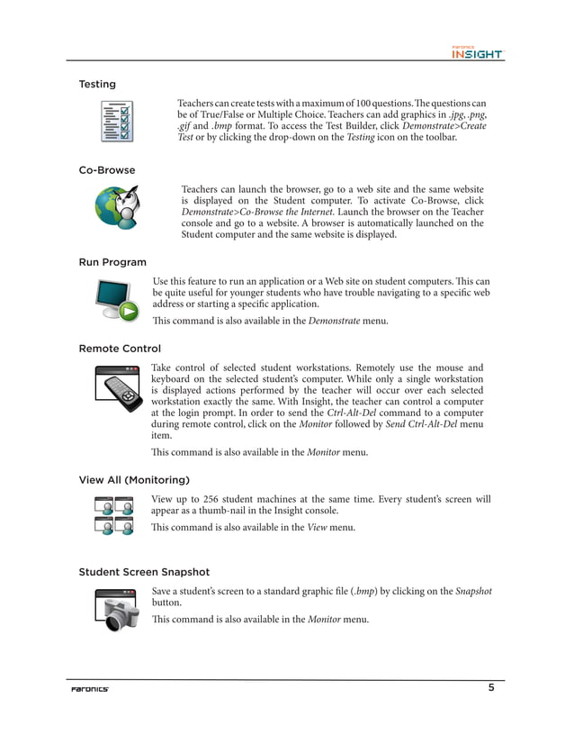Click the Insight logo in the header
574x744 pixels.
pos(477,53)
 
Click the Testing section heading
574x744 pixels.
pos(97,85)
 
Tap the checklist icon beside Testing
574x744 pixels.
pos(117,122)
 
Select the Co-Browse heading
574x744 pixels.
pos(106,170)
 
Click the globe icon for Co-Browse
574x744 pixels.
pos(117,207)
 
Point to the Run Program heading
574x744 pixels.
pos(112,263)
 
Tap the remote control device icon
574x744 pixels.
pos(118,388)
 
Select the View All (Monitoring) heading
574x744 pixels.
pos(134,480)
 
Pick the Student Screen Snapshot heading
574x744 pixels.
pos(143,572)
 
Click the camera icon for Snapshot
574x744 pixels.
pos(118,610)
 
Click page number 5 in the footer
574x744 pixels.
pos(491,689)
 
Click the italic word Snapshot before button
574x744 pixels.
pos(473,591)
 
